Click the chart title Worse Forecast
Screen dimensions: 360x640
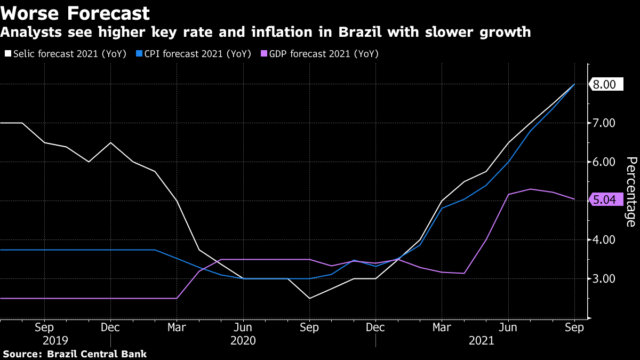[x=75, y=13]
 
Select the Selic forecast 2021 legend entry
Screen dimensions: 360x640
[x=65, y=54]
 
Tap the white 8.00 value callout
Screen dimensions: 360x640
[x=605, y=84]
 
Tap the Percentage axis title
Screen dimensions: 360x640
[x=630, y=191]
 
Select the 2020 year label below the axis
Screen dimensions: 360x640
[x=243, y=340]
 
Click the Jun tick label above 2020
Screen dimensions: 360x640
[x=243, y=327]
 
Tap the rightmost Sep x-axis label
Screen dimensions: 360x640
[x=574, y=327]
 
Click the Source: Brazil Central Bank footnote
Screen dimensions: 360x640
[x=75, y=354]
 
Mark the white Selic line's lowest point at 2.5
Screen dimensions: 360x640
[x=309, y=298]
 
